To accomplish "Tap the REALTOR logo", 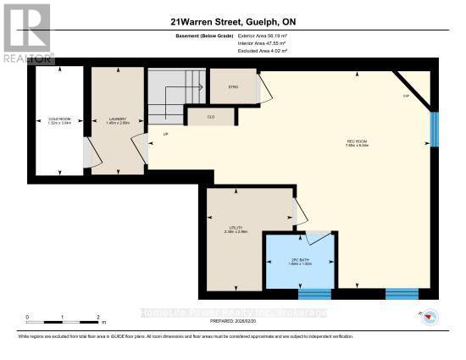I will pos(26,33).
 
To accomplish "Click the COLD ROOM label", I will pos(58,119).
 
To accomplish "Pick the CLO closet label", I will pos(200,117).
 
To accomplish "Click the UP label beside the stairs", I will pos(153,134).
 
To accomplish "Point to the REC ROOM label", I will pos(355,142).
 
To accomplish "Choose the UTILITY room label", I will pos(236,228).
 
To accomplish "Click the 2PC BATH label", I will pos(302,262).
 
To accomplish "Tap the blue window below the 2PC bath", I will pos(314,295).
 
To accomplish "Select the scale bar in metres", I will pos(64,319).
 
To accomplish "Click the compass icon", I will pos(429,318).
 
